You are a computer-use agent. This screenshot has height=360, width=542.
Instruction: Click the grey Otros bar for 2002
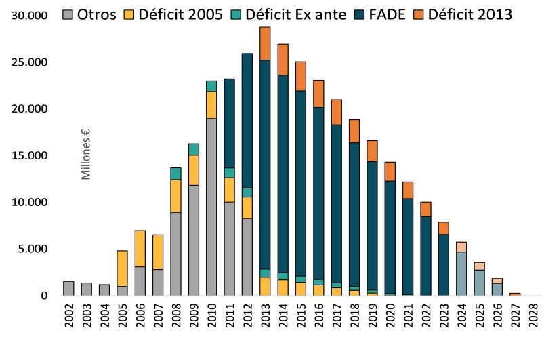[68, 288]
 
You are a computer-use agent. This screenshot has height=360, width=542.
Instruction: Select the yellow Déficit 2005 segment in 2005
[122, 268]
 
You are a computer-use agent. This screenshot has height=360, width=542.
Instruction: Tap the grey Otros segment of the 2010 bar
[211, 207]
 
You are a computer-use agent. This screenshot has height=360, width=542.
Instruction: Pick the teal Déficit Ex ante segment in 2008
[175, 174]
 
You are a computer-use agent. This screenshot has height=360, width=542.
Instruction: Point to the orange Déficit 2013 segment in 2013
[265, 43]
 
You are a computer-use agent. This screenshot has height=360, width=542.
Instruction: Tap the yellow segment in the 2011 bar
[229, 190]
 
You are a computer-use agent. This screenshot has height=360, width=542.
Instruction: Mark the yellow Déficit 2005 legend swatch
[131, 13]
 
